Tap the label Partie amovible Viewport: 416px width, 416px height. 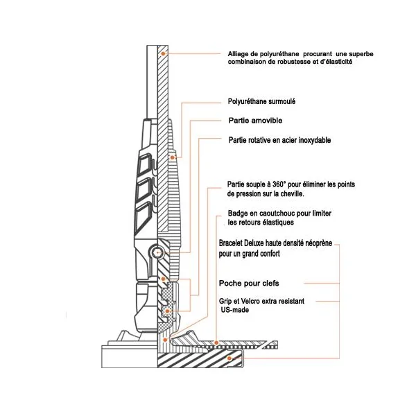tap(255, 121)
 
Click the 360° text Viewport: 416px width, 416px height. tap(279, 184)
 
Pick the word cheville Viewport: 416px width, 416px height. tap(292, 193)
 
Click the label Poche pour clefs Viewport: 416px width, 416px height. tap(249, 284)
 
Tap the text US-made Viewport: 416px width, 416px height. tap(235, 310)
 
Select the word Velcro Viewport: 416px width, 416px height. tap(250, 301)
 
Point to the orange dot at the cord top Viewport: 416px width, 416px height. tap(164, 53)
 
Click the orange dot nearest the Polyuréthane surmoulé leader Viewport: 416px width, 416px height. tap(172, 157)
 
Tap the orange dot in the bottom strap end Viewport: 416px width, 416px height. tap(229, 358)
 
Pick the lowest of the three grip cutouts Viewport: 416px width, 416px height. tap(144, 215)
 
